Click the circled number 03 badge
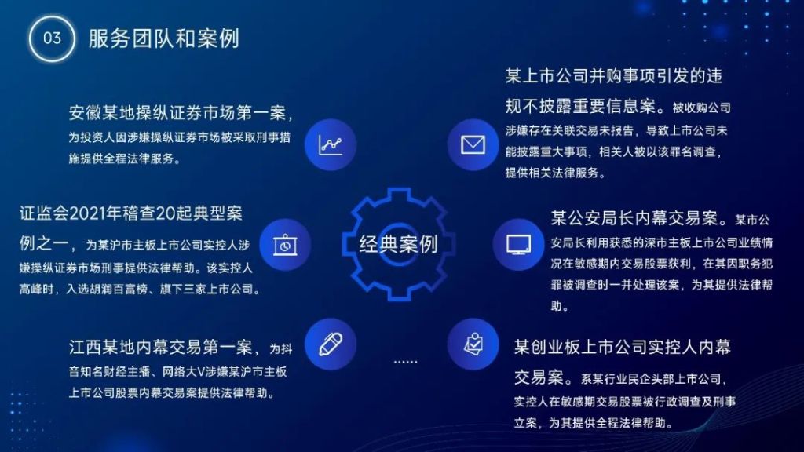[x=52, y=38]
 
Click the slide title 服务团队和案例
[x=163, y=38]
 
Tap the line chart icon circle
[x=331, y=144]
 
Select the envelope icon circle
[x=473, y=144]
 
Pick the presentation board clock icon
[x=285, y=245]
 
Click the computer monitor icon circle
[x=518, y=245]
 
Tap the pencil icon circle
[x=331, y=344]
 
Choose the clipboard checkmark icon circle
[x=473, y=344]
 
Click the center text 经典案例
[x=398, y=245]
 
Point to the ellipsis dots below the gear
[x=405, y=362]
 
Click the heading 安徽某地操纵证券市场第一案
[x=177, y=113]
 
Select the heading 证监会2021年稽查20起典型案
[x=131, y=213]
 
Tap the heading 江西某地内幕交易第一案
[x=160, y=348]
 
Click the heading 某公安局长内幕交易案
[x=634, y=218]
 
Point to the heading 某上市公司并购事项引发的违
[x=614, y=76]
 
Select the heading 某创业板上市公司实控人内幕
[x=623, y=347]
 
